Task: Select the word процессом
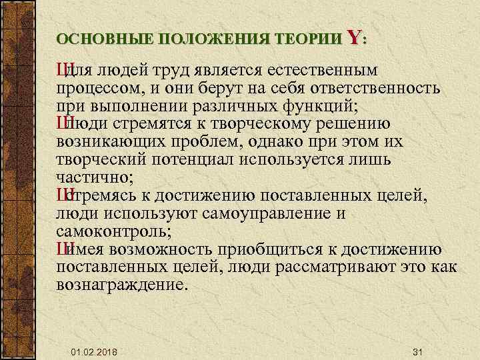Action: (99, 89)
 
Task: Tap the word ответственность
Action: (369, 89)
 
